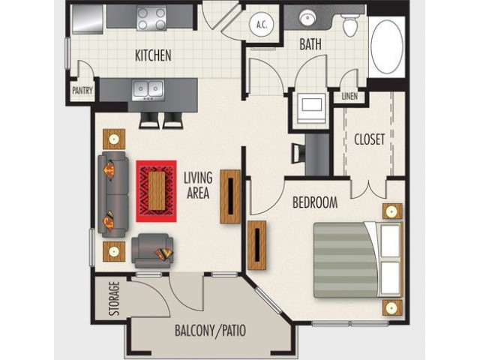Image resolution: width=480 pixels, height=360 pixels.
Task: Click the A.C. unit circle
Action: [262, 24]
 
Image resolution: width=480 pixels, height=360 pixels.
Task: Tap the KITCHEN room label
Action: [153, 55]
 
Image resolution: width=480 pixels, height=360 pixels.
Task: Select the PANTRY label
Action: [82, 91]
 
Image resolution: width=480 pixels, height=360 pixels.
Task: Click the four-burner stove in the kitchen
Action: [151, 18]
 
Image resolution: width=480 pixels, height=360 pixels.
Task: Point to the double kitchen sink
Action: [148, 90]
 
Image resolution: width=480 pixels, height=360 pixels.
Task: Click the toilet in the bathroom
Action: [350, 24]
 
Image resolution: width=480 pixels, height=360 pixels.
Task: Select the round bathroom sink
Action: [306, 18]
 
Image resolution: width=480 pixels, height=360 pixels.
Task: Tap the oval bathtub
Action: [387, 46]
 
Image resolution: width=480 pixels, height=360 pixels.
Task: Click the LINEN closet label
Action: [349, 97]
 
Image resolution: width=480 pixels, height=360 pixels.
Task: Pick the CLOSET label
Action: [369, 139]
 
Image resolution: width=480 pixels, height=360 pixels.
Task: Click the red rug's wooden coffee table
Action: [157, 190]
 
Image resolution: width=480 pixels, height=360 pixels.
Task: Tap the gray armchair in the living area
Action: [152, 251]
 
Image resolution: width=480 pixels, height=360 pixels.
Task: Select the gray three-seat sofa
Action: [113, 195]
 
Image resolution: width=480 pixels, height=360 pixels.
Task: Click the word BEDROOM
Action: [315, 202]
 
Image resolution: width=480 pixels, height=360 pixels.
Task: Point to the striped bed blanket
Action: [345, 260]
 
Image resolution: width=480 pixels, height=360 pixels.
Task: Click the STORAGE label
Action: [114, 298]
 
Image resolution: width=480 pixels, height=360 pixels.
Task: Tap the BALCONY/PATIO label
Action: [210, 331]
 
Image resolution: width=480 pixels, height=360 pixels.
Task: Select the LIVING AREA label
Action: [198, 185]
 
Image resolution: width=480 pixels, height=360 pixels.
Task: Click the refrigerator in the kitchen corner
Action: [88, 18]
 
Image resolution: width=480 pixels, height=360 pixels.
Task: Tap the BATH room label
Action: [310, 44]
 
